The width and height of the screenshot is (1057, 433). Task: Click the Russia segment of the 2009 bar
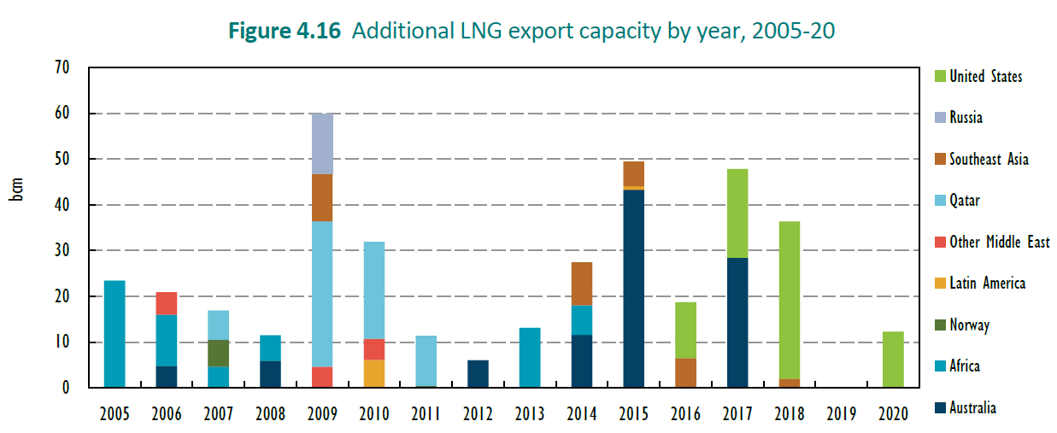click(322, 143)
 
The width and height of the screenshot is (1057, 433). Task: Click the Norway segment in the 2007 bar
click(218, 353)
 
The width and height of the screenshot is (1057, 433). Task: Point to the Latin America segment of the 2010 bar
click(374, 373)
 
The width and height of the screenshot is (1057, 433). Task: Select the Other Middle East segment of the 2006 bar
click(166, 303)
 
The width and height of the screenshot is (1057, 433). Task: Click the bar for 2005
click(115, 334)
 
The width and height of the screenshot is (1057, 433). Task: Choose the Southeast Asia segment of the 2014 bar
click(581, 284)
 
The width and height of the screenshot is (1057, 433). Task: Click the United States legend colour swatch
click(939, 76)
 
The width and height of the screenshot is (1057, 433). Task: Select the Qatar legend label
click(965, 201)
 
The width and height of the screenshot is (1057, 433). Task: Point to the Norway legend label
click(970, 325)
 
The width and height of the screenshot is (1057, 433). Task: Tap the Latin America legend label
click(987, 284)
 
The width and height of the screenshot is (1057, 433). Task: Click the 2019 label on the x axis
click(841, 414)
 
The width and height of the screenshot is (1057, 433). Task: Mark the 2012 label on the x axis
click(478, 414)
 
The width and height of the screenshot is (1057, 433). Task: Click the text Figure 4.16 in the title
click(285, 32)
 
